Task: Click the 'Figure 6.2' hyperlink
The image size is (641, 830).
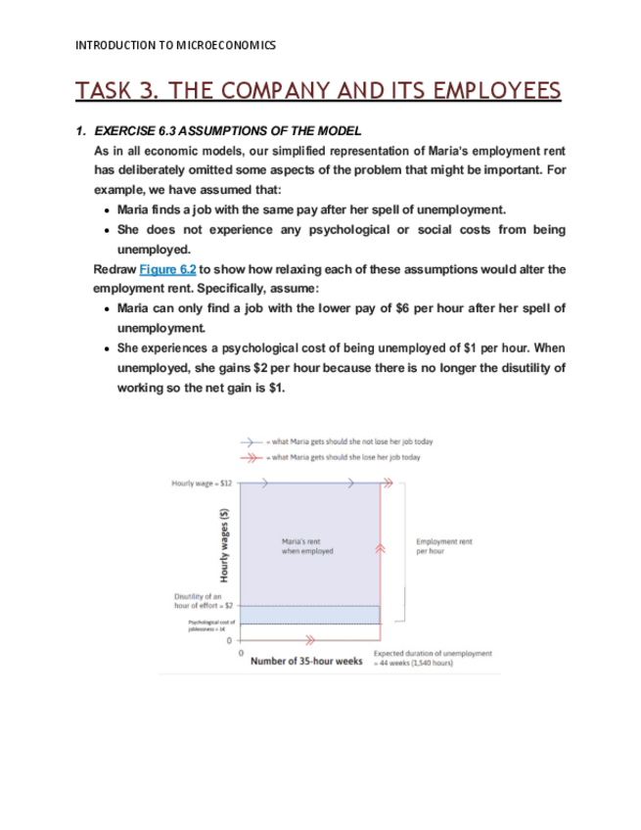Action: (167, 268)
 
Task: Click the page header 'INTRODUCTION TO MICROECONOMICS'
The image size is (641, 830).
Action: (175, 45)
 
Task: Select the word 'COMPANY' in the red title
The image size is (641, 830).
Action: (257, 92)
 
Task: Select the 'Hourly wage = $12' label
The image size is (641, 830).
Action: (202, 484)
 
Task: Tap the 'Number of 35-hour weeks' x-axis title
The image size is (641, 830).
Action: (306, 661)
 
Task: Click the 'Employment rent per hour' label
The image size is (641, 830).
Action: (443, 546)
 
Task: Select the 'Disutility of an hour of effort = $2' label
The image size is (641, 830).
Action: (203, 601)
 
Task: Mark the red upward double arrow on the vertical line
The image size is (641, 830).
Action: (381, 550)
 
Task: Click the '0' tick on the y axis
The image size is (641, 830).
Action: (230, 641)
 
